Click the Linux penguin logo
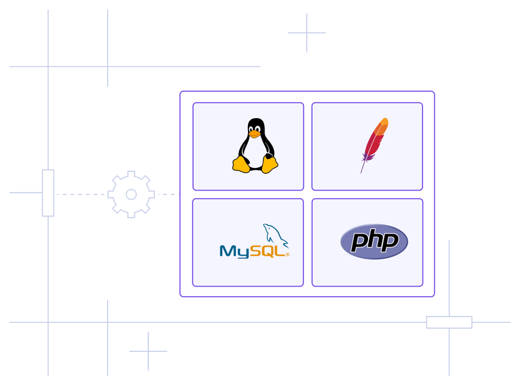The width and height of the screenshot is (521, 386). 255,146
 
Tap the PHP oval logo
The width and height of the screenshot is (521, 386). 374,242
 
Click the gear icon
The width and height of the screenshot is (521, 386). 131,195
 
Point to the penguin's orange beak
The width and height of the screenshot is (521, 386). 254,134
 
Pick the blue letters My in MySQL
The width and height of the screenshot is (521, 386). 234,251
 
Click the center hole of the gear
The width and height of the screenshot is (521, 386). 131,195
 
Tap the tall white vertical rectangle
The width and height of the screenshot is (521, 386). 48,193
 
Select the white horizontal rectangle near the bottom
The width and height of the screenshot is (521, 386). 449,322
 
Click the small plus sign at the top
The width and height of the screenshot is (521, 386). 307,33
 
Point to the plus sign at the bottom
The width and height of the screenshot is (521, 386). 148,351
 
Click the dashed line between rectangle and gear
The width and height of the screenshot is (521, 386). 79,194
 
